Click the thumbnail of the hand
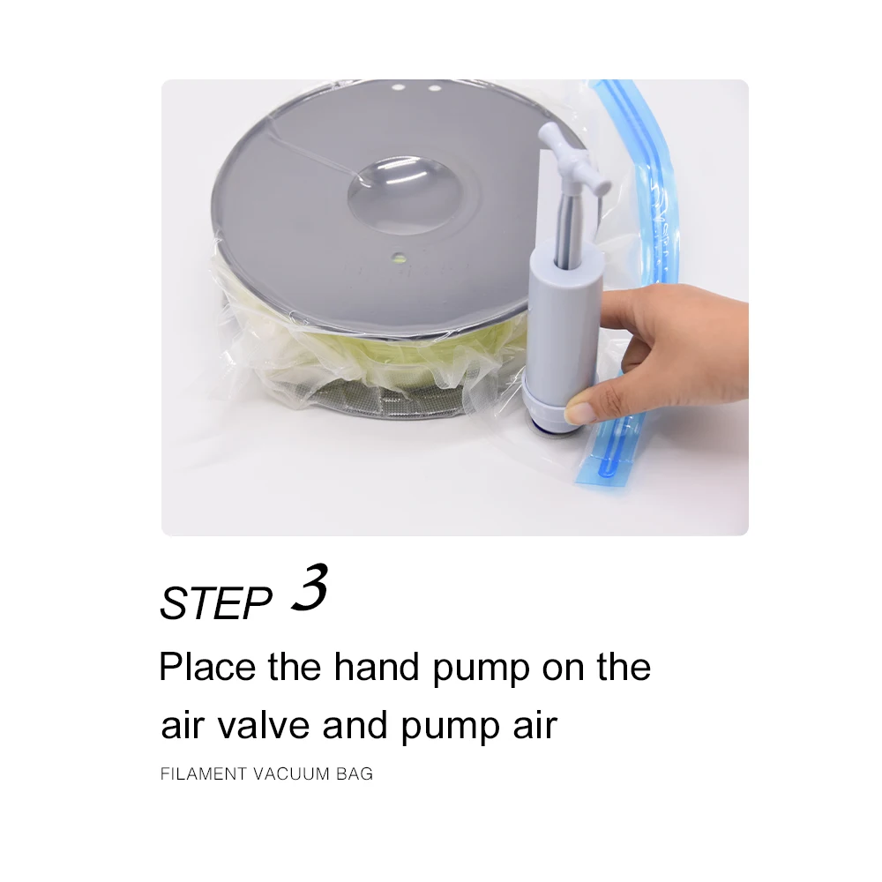(x=579, y=414)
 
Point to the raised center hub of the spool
(x=404, y=195)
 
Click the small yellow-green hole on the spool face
(x=399, y=258)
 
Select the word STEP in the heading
(x=216, y=603)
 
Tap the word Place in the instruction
(x=207, y=667)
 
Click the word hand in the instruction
(x=377, y=667)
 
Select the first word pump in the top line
(x=481, y=670)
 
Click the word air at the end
(x=534, y=726)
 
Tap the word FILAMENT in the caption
(x=203, y=774)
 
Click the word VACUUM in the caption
(x=291, y=774)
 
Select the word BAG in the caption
(x=355, y=774)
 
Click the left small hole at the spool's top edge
(x=398, y=88)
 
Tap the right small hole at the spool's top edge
(x=434, y=88)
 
